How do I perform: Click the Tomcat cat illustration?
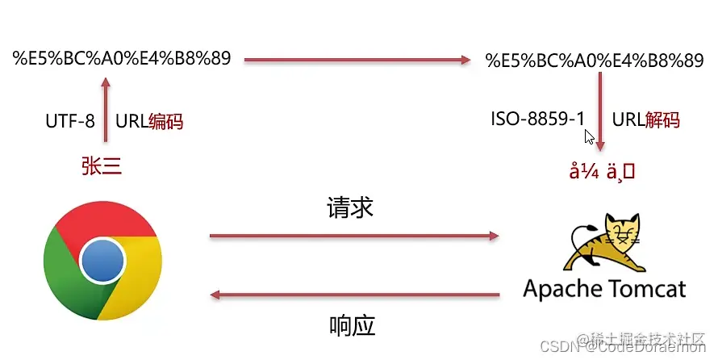[x=604, y=243]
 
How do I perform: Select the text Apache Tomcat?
[x=604, y=289]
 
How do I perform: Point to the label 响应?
[x=353, y=325]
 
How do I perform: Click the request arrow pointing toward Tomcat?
[x=353, y=236]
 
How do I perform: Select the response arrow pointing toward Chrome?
[x=353, y=295]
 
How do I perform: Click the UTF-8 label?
[x=70, y=122]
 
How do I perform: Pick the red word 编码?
[x=166, y=122]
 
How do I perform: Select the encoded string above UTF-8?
[x=122, y=58]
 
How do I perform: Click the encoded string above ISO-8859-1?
[x=595, y=61]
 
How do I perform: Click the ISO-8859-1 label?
[x=538, y=119]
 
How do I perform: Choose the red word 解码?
[x=663, y=120]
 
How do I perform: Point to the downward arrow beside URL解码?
[x=600, y=112]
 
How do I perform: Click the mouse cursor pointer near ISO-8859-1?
[x=590, y=137]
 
